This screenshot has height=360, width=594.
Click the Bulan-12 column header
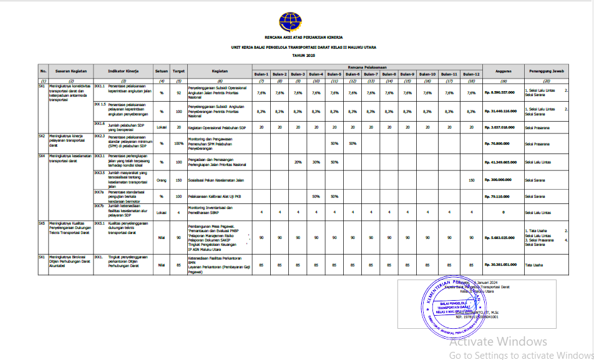(471, 74)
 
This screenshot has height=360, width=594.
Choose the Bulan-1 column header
(262, 74)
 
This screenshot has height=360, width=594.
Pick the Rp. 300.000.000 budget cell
(499, 180)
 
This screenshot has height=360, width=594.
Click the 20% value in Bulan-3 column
(298, 162)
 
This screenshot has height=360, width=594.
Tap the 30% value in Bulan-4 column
(316, 162)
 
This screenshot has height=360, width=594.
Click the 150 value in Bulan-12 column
(471, 180)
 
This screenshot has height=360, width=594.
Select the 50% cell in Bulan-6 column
(353, 144)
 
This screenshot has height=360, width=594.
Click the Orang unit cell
(162, 180)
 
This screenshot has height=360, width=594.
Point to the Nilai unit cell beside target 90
(162, 237)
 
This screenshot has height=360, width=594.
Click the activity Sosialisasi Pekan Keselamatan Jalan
(216, 180)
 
